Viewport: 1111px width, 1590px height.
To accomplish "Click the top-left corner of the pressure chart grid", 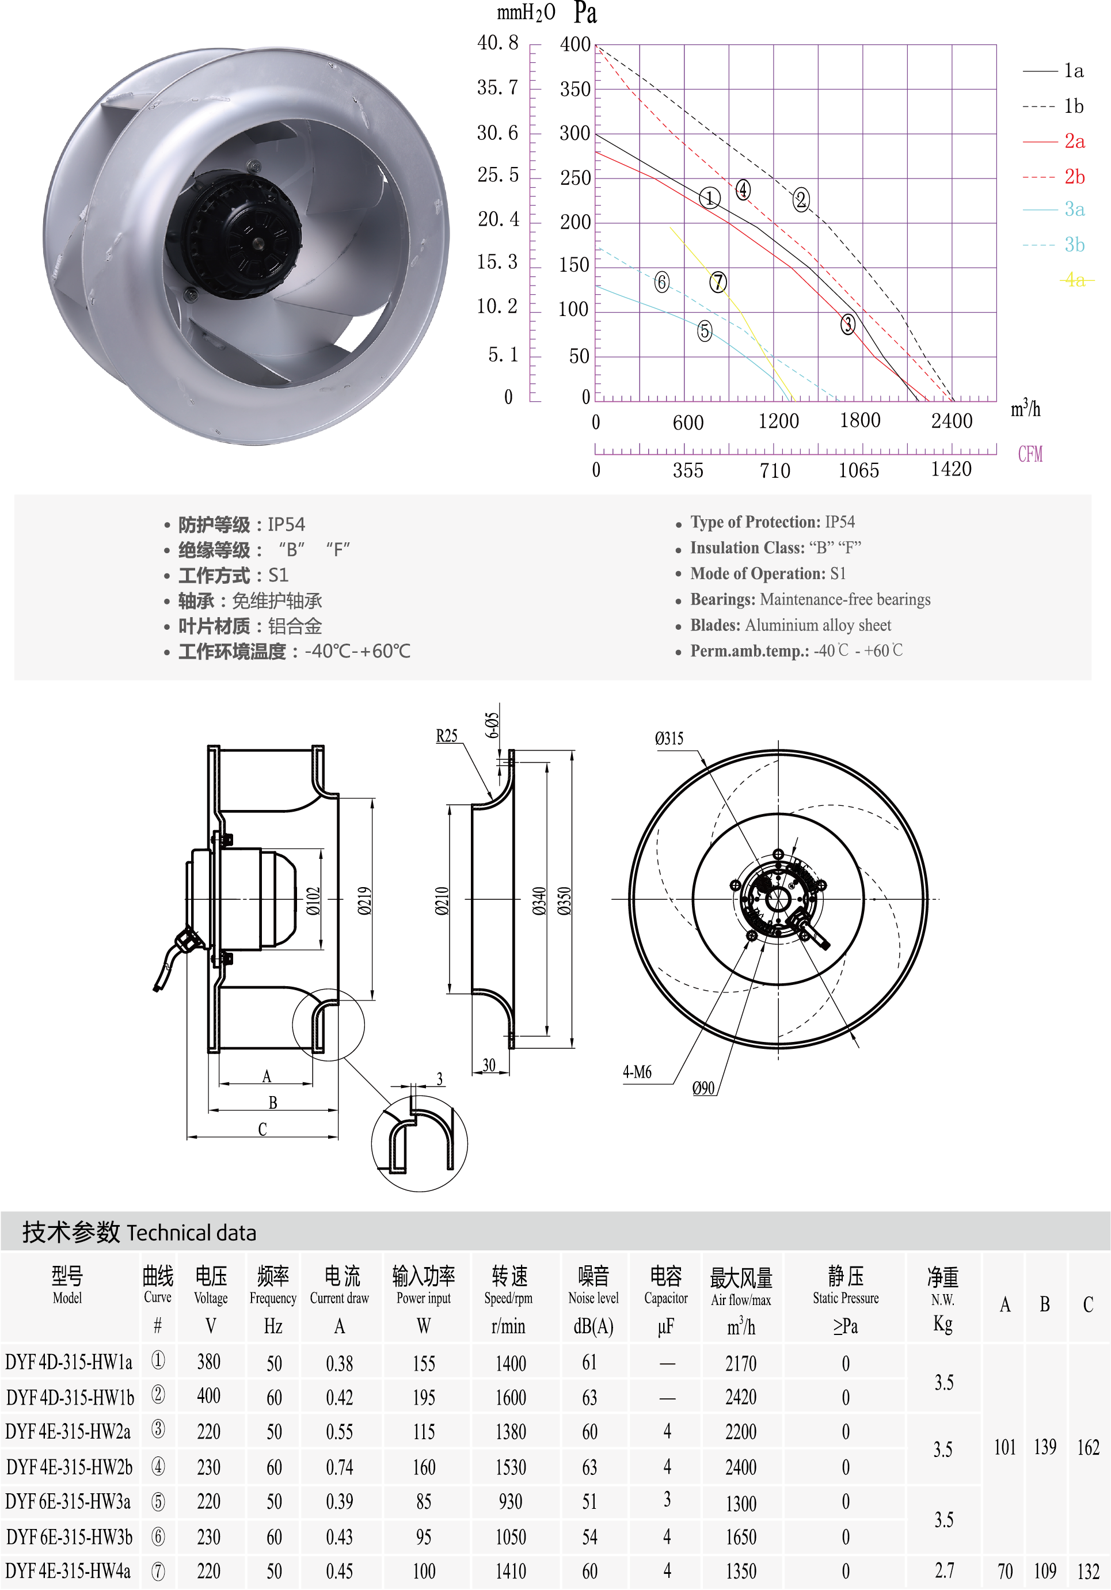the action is click(x=596, y=45).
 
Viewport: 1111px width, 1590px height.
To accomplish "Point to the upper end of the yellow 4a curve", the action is click(x=671, y=226).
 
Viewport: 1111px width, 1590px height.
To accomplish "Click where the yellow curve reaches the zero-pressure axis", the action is click(x=793, y=401).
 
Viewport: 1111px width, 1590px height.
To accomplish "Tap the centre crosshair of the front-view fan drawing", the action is click(x=778, y=899).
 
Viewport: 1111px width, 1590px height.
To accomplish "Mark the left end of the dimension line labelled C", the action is click(x=188, y=1136).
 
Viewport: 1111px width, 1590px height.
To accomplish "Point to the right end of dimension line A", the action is click(x=313, y=1083).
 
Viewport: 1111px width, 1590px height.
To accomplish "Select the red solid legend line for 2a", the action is click(x=1040, y=141).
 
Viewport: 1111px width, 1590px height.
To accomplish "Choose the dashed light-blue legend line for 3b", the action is click(x=1040, y=245).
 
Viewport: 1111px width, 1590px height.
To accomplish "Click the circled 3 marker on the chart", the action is click(x=848, y=324).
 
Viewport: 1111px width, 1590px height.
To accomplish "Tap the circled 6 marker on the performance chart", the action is click(x=662, y=282).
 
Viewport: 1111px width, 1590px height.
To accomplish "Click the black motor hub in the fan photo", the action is click(x=235, y=235).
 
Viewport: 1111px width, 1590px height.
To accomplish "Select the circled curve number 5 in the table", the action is click(x=158, y=1501).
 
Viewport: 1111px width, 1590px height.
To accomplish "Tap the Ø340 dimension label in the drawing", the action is click(x=539, y=900).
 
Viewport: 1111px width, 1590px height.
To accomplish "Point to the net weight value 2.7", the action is click(x=944, y=1570).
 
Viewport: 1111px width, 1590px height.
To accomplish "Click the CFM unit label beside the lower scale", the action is click(x=1030, y=454).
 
